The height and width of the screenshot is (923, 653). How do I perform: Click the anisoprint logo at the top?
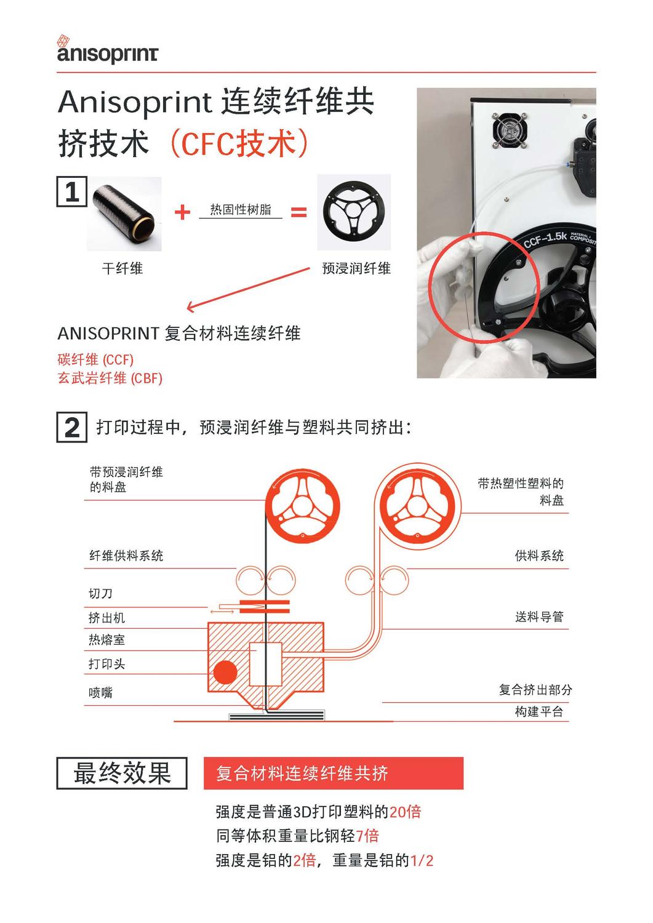107,49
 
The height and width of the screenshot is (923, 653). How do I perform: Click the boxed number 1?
72,191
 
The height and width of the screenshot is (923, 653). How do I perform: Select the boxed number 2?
72,427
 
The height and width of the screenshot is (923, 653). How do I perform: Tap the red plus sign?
182,212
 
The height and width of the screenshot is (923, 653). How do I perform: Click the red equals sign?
299,212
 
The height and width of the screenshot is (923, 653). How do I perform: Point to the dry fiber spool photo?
124,214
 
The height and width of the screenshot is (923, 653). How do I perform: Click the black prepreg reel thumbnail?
354,212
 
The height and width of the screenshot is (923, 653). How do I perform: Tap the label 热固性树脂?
241,210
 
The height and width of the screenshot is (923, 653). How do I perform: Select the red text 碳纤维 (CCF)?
95,360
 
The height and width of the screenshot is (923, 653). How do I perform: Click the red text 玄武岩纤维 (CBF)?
110,378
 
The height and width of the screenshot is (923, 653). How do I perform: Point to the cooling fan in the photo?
510,130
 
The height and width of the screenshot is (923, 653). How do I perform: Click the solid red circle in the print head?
225,672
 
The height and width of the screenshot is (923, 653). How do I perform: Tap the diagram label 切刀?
100,593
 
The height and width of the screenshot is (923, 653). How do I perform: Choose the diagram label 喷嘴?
100,692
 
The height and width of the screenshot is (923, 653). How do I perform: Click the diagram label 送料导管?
539,617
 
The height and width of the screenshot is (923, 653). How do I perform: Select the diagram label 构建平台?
539,711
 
